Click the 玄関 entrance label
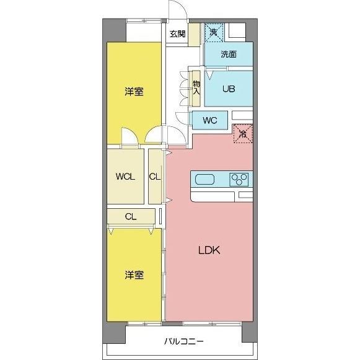tap(177, 34)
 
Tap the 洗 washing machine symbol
tap(213, 32)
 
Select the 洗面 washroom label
tap(229, 54)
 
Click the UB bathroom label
tap(229, 89)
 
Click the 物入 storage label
tap(196, 87)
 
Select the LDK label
tap(209, 251)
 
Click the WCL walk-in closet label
tap(125, 176)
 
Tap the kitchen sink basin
tap(205, 180)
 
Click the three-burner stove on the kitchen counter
tap(240, 180)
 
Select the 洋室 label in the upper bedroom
tap(134, 92)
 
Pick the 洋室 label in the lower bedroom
tap(134, 274)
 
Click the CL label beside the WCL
tap(155, 176)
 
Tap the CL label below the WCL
tap(130, 216)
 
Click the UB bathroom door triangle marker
tap(209, 76)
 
